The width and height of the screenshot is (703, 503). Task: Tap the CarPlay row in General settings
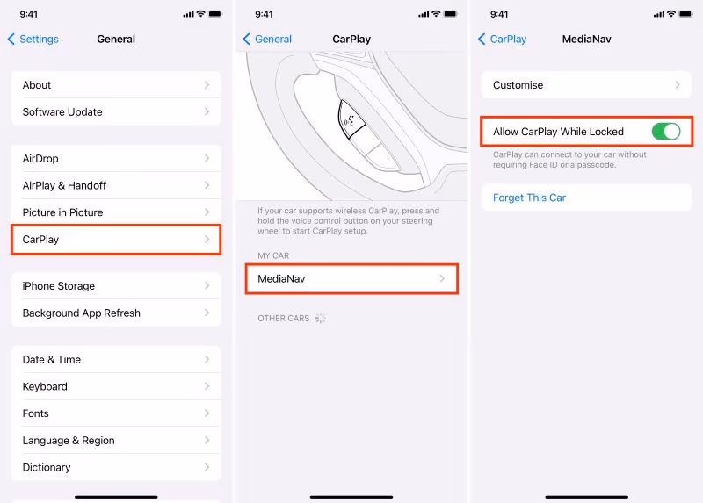116,240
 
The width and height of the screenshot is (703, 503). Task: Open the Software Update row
116,112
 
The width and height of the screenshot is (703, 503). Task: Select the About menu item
116,85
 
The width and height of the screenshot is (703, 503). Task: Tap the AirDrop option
116,158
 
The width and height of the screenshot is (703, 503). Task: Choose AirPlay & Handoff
116,185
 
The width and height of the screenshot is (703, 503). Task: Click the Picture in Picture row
116,212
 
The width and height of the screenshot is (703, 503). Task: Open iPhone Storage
116,286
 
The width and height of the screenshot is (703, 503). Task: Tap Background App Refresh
116,313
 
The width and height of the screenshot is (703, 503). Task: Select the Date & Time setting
116,360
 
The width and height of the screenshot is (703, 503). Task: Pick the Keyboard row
116,386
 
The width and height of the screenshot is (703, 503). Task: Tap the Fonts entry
116,413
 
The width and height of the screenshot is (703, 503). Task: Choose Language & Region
116,441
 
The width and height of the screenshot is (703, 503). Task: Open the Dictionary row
116,467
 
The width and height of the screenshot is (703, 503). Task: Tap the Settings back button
33,40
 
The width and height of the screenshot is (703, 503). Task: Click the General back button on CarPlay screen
267,40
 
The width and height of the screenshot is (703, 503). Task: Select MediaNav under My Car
351,279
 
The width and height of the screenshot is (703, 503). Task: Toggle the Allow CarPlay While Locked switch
666,132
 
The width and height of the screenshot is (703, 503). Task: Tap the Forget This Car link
529,198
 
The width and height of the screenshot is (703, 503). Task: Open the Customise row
586,85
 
